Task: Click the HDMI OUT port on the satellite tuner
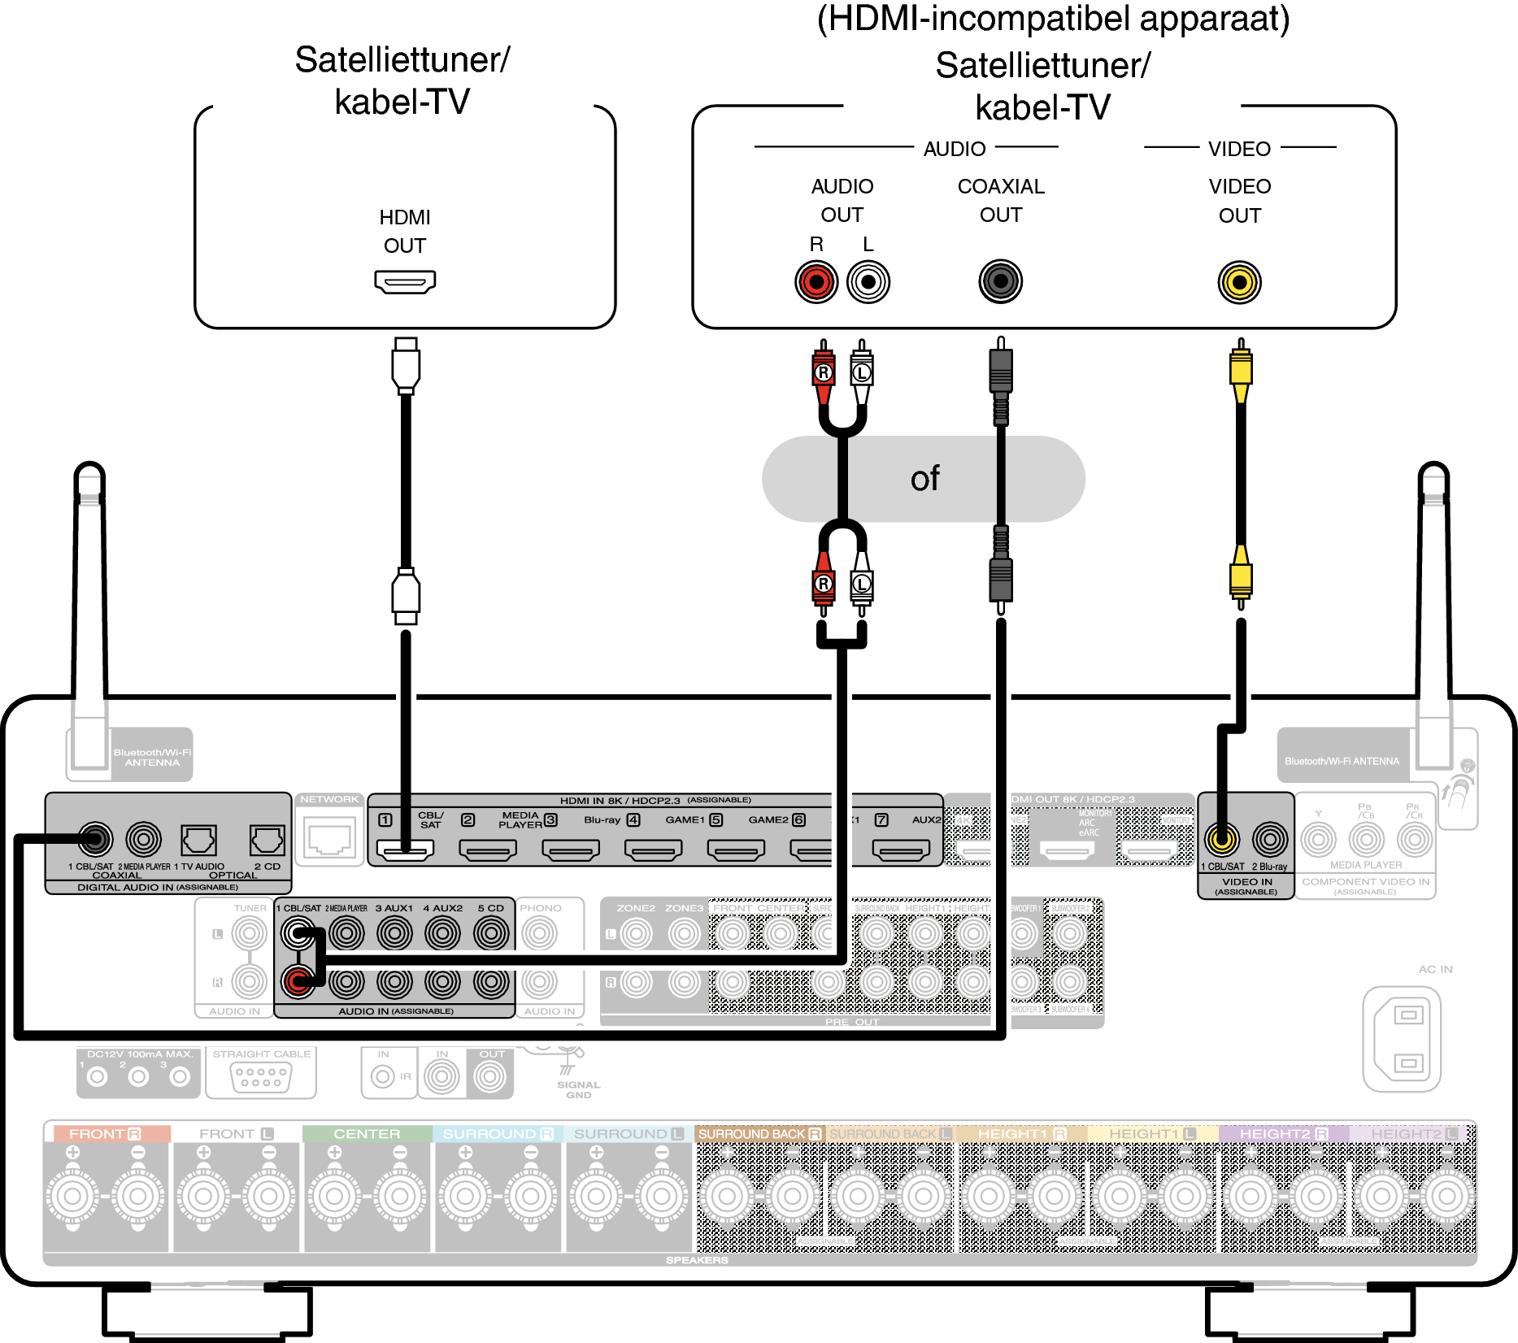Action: click(x=405, y=282)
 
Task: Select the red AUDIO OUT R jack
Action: click(x=816, y=282)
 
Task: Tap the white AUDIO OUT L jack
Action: click(x=868, y=282)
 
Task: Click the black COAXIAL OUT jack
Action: click(x=1000, y=282)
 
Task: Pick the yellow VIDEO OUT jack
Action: click(x=1239, y=282)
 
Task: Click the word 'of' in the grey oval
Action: click(x=924, y=479)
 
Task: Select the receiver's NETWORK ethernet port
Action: click(x=329, y=837)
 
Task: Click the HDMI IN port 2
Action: click(x=488, y=850)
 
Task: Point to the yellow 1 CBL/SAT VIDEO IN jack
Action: click(x=1222, y=838)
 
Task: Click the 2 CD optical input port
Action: click(x=267, y=839)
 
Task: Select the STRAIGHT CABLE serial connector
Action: click(x=260, y=1077)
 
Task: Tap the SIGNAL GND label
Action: click(x=578, y=1089)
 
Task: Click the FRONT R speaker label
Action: click(x=106, y=1133)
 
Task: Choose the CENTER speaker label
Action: click(x=367, y=1133)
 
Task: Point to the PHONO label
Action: click(x=540, y=908)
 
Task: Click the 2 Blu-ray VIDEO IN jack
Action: click(x=1270, y=838)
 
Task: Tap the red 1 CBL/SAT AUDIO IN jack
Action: click(x=298, y=982)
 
